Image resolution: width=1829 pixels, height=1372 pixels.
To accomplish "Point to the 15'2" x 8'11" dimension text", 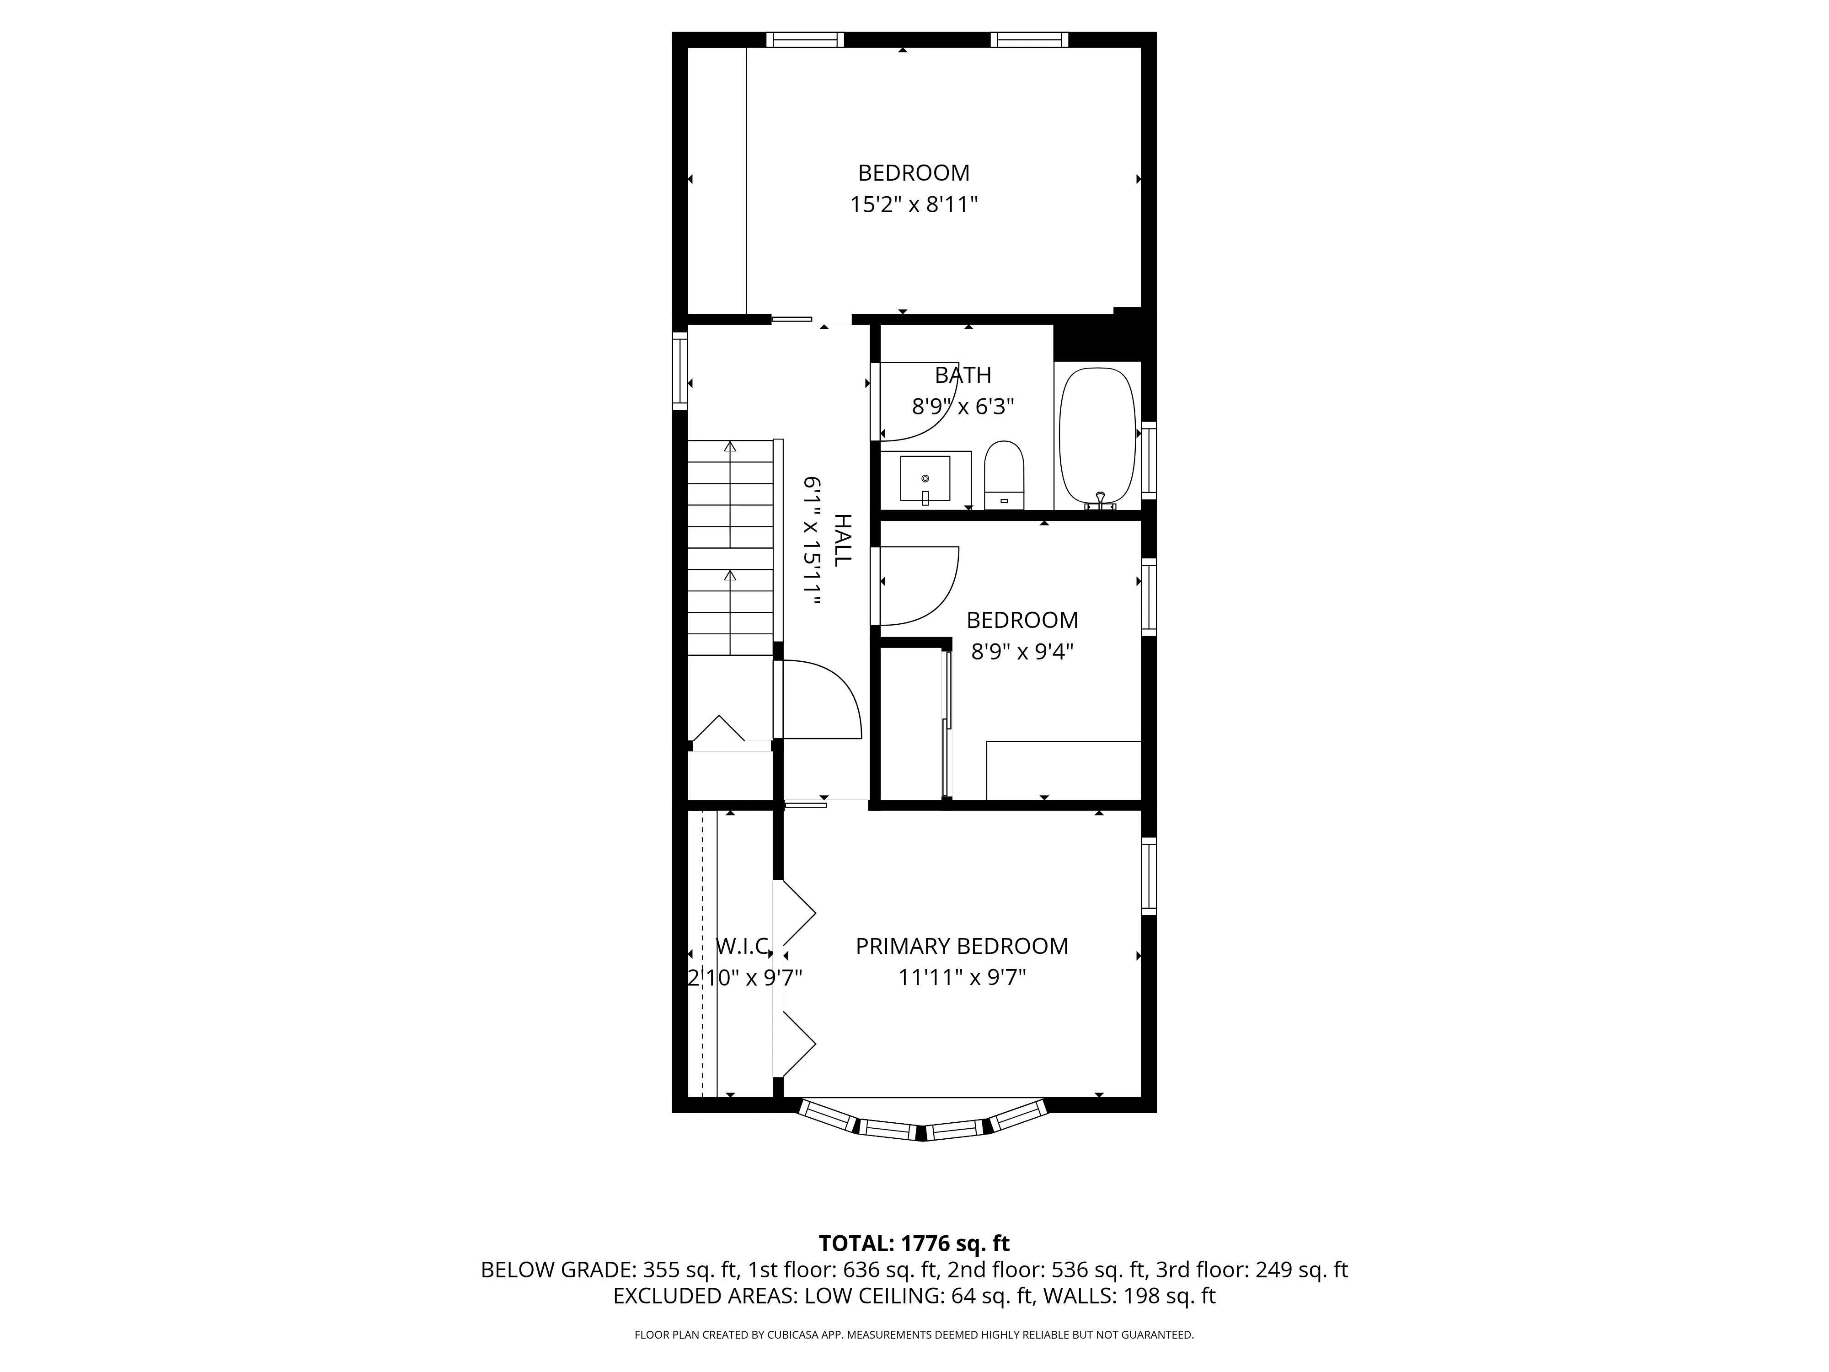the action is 914,205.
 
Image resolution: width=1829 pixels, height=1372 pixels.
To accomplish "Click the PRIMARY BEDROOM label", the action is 962,946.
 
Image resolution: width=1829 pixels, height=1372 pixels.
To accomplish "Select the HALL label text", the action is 841,540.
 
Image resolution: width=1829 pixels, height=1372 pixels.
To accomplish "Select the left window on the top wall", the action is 804,40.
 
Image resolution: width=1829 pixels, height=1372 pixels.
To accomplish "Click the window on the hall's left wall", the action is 679,370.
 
